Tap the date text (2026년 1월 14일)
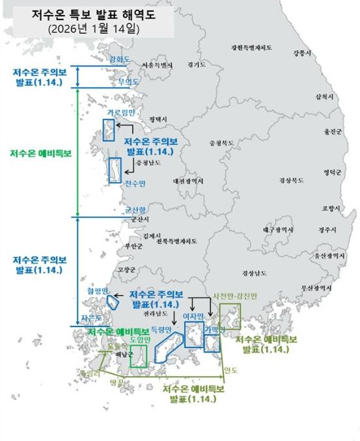(94, 29)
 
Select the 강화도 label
(120, 59)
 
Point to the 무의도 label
(128, 82)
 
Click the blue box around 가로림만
(108, 130)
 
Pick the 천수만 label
(135, 184)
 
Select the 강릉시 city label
(302, 53)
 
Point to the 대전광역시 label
(188, 181)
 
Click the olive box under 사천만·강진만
(230, 321)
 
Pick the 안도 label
(230, 371)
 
